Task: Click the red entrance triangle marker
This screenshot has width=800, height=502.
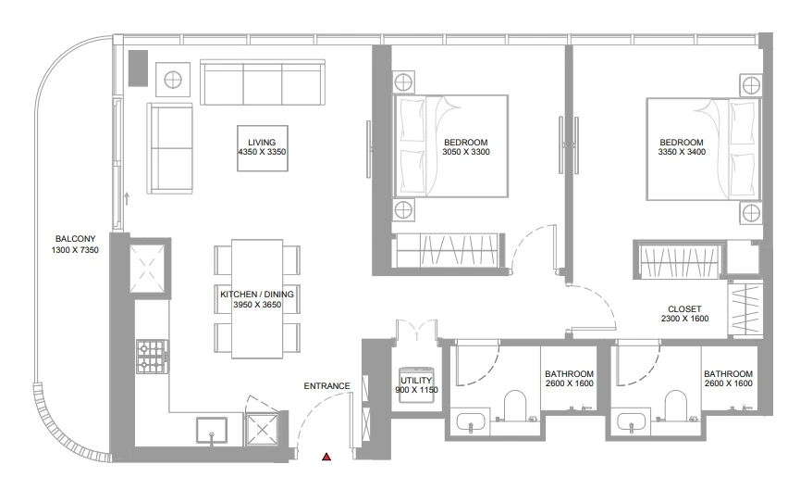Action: (x=326, y=457)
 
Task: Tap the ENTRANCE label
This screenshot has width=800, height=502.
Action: (x=327, y=386)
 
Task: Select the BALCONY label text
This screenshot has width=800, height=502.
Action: (x=76, y=239)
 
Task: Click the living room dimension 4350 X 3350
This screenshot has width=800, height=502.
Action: (x=262, y=152)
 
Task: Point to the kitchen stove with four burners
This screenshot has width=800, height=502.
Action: (x=152, y=357)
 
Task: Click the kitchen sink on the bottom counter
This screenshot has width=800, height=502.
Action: (x=212, y=430)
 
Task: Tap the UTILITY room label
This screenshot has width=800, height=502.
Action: (x=416, y=381)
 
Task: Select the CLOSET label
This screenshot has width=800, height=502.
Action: (x=684, y=308)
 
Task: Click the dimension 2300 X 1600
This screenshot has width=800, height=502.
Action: (x=684, y=319)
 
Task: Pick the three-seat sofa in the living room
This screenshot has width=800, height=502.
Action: (x=263, y=82)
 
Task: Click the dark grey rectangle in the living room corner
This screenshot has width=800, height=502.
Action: (x=138, y=68)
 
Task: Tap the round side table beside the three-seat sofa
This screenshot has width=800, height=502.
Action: (x=172, y=80)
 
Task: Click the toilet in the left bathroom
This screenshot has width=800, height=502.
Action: (x=515, y=407)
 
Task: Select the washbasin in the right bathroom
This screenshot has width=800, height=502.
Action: (x=631, y=422)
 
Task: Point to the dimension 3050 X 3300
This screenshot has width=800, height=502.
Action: (x=466, y=152)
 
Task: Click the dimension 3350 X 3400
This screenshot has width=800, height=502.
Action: (x=682, y=152)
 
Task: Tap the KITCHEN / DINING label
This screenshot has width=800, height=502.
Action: (x=257, y=295)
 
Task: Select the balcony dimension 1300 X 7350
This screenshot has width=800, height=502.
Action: (x=75, y=250)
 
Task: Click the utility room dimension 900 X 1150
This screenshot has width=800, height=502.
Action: (x=416, y=390)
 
